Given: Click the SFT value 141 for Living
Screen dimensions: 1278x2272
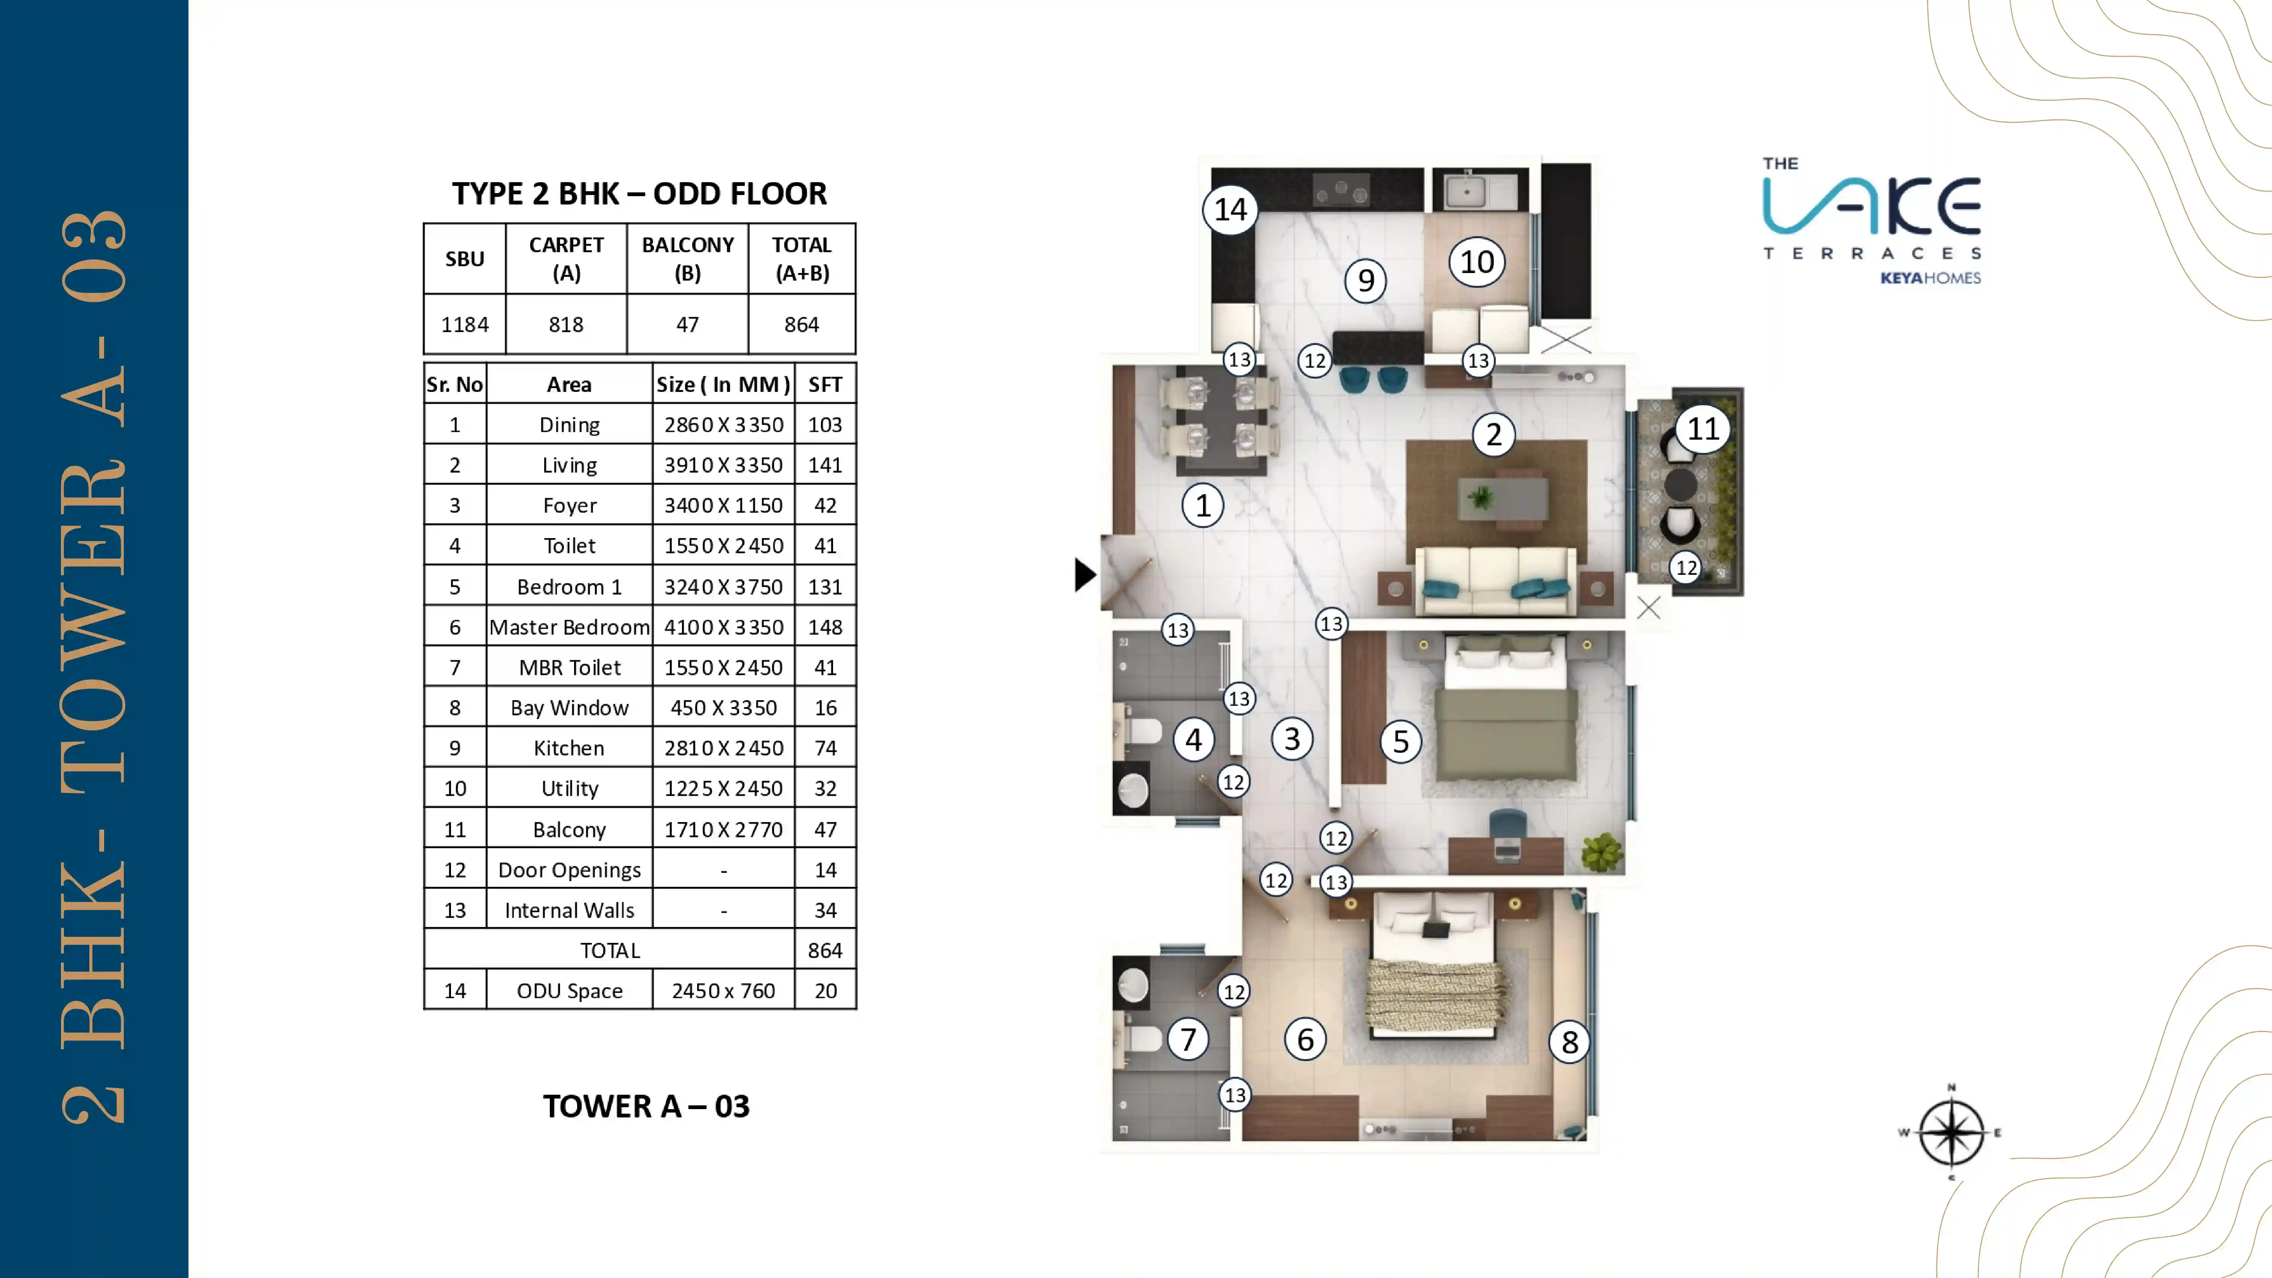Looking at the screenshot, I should pyautogui.click(x=825, y=465).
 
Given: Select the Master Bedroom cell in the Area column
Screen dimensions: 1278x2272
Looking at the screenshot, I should pyautogui.click(x=569, y=627).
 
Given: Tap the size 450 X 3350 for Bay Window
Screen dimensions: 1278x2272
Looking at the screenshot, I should pyautogui.click(x=723, y=707).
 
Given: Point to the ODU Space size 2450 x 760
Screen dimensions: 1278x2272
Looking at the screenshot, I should pyautogui.click(x=723, y=991).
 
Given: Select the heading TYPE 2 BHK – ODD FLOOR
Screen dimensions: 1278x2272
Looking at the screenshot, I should pyautogui.click(x=640, y=193).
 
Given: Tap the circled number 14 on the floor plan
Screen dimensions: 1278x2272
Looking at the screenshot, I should pyautogui.click(x=1230, y=210).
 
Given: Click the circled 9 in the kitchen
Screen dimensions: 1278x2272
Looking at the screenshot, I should pyautogui.click(x=1365, y=281).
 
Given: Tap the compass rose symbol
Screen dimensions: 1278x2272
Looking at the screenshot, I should pyautogui.click(x=1951, y=1133).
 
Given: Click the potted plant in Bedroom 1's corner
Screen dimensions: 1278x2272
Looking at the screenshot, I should pyautogui.click(x=1602, y=852).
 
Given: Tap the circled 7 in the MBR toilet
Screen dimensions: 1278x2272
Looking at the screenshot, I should pyautogui.click(x=1188, y=1039).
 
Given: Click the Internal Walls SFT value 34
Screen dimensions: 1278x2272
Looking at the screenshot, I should pyautogui.click(x=825, y=910).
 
